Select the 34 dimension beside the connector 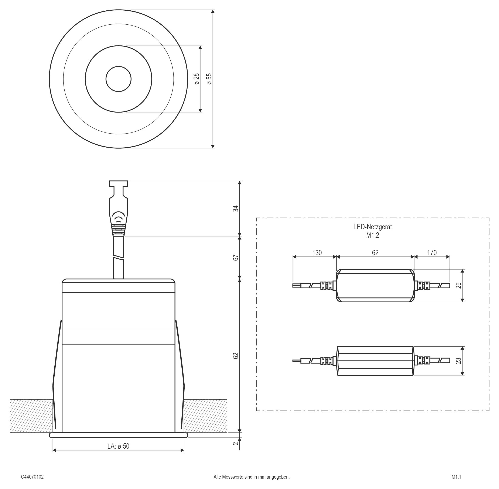click(x=236, y=209)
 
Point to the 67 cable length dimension click(x=236, y=257)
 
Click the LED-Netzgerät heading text click(x=372, y=227)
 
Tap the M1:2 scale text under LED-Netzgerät click(x=372, y=235)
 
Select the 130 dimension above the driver click(x=317, y=253)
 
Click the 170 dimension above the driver click(x=432, y=253)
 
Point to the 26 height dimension click(x=458, y=285)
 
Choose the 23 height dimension click(x=458, y=361)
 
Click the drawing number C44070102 click(x=32, y=477)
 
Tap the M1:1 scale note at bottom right click(x=456, y=477)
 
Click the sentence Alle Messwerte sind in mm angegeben click(x=252, y=477)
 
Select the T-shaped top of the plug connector click(x=119, y=183)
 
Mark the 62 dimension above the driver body click(x=375, y=253)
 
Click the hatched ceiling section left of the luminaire click(x=31, y=416)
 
